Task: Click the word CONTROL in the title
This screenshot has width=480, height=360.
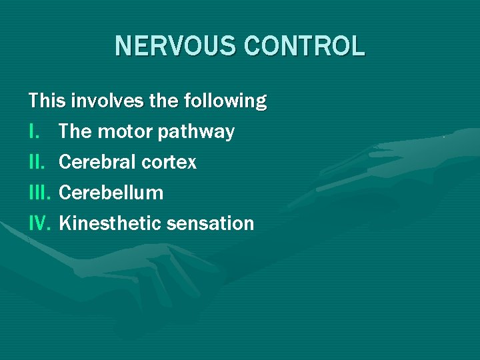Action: tap(304, 46)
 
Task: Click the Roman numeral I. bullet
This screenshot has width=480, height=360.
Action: tap(33, 132)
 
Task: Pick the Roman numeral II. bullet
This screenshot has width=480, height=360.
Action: tap(37, 162)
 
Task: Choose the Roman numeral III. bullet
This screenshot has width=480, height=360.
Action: tap(40, 193)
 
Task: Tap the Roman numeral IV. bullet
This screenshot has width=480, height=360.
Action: tap(40, 223)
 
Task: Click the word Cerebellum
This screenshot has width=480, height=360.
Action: tap(111, 193)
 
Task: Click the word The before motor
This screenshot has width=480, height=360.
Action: tap(75, 132)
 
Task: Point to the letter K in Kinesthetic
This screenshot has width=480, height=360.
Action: tap(64, 223)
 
